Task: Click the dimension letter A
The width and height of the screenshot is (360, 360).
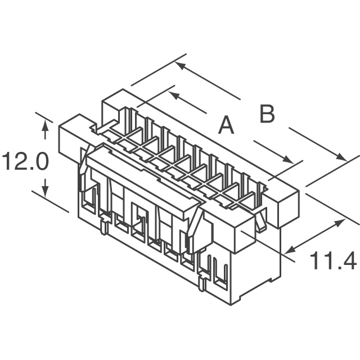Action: coord(226,125)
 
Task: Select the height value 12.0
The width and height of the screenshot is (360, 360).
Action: coord(25,163)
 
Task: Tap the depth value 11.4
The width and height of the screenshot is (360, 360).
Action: coord(334,261)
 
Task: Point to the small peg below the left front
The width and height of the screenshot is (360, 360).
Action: coord(104,227)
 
